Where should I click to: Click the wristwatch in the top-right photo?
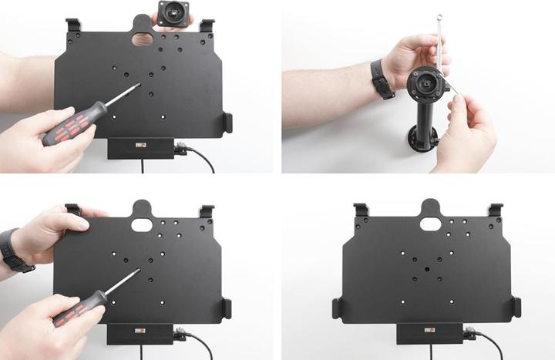point(383,79)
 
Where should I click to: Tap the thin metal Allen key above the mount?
point(439,46)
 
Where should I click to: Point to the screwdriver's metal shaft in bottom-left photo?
point(122,282)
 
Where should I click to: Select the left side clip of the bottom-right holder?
point(338,308)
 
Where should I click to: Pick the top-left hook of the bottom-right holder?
point(360,210)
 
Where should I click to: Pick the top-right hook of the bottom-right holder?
point(495,210)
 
